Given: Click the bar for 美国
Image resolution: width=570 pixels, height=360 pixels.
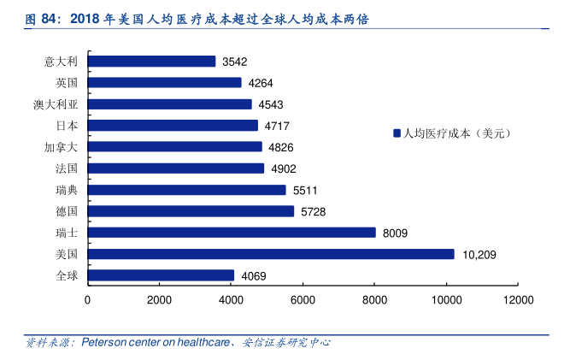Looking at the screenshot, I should [x=271, y=254].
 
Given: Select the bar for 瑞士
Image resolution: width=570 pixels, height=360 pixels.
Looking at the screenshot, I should [x=232, y=233].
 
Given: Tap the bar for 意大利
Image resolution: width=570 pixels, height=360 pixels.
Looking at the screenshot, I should [x=151, y=62].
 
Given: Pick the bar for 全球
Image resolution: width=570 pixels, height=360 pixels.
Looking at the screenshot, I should [x=161, y=275].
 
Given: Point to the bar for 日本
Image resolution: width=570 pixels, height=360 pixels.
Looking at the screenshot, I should [x=173, y=126].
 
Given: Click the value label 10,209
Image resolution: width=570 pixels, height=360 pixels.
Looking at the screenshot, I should [x=479, y=254].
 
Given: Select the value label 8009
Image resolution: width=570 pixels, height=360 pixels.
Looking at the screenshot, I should [x=395, y=233].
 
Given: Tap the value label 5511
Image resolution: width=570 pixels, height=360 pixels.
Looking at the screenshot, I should [x=305, y=190].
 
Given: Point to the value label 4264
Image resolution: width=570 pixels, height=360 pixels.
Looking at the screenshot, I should [x=261, y=83].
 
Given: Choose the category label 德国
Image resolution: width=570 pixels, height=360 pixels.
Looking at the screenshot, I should [x=67, y=211].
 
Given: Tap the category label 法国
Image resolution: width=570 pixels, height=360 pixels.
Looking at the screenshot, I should [x=67, y=168].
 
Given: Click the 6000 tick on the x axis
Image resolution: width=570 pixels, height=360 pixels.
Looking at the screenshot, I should [x=303, y=300].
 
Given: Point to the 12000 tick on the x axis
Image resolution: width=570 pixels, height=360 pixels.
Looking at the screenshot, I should [x=518, y=300].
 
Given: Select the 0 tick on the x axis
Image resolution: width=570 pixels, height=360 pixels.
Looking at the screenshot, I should [x=88, y=300].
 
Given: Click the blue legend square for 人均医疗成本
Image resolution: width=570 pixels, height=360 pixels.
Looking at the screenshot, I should [x=397, y=133].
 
